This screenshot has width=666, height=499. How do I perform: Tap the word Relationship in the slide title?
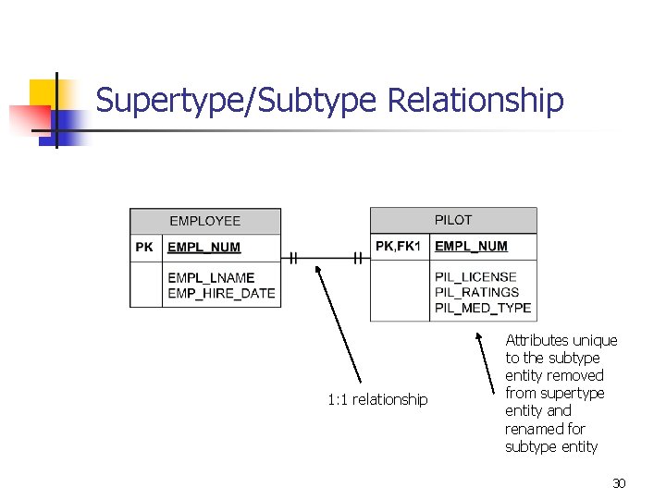(x=475, y=100)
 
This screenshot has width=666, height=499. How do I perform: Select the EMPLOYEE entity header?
(x=204, y=221)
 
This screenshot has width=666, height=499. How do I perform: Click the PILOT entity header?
(x=453, y=220)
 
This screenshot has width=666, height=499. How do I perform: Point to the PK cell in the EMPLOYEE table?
(x=144, y=248)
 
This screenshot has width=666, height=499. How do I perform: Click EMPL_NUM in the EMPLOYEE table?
(x=203, y=248)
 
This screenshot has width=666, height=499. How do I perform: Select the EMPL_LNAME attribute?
(x=211, y=277)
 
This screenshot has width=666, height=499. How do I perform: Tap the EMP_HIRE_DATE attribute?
(x=221, y=294)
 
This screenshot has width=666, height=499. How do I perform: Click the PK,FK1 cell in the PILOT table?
(x=399, y=246)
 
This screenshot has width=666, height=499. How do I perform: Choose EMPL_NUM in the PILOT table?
(x=471, y=246)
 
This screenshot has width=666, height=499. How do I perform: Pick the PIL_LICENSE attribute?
(x=475, y=276)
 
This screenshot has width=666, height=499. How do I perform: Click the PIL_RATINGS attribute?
(x=476, y=292)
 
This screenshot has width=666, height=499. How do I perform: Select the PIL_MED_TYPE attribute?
(x=483, y=308)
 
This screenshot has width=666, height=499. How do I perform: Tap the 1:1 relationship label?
(x=377, y=399)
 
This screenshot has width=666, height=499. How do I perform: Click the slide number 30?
(x=619, y=483)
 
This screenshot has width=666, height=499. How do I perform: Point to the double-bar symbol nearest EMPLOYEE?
(x=292, y=258)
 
